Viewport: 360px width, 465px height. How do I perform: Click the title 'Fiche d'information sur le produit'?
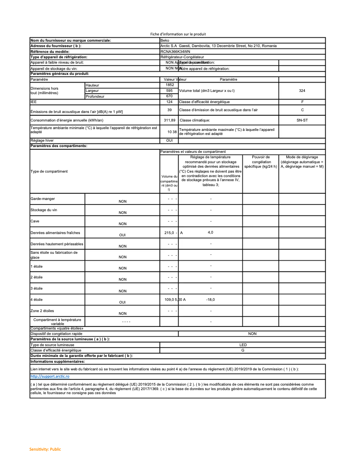178,35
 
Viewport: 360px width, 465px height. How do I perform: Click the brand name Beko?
164,40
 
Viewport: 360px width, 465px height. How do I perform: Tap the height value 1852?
169,85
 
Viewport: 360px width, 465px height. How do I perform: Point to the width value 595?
169,91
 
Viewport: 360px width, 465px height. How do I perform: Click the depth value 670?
169,96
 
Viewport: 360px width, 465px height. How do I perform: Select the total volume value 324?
302,91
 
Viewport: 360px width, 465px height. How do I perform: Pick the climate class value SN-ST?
302,120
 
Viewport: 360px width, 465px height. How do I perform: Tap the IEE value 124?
169,102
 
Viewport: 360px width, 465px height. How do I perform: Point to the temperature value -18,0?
210,300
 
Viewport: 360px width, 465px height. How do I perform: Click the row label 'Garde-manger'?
43,199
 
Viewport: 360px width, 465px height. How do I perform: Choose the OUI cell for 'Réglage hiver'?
169,140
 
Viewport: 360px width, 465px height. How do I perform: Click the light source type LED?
243,345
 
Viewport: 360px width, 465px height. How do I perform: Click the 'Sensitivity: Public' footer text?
45,449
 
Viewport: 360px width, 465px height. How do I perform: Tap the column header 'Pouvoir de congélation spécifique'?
261,161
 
